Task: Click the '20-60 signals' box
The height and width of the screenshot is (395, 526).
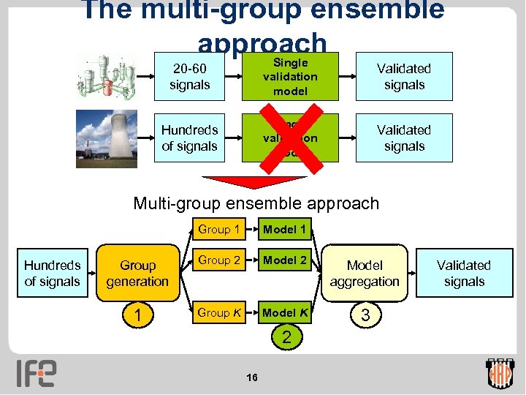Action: (189, 77)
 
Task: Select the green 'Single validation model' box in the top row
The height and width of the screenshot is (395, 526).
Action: (290, 77)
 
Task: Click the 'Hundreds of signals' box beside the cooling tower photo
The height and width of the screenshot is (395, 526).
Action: (189, 138)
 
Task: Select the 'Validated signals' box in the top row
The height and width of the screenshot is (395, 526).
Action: (404, 77)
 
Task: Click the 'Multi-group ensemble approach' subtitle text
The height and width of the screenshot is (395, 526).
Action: (256, 203)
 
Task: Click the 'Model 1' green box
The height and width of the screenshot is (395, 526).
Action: (284, 229)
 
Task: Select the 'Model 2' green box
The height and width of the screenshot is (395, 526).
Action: (284, 260)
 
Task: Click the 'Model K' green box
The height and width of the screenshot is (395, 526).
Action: (284, 312)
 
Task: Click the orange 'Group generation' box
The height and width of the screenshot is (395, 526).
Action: (137, 274)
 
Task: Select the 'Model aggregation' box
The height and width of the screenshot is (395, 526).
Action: (365, 274)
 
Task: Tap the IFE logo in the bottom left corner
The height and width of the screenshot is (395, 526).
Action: (37, 373)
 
